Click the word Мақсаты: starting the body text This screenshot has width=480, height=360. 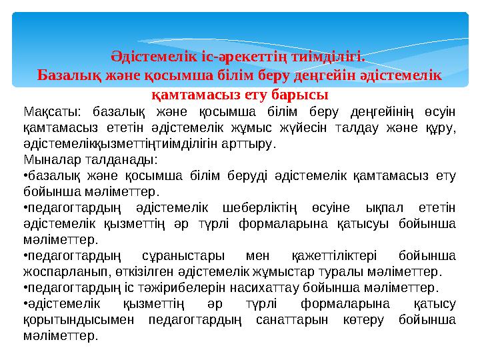tap(49, 111)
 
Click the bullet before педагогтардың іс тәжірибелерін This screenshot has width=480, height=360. tap(25, 288)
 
